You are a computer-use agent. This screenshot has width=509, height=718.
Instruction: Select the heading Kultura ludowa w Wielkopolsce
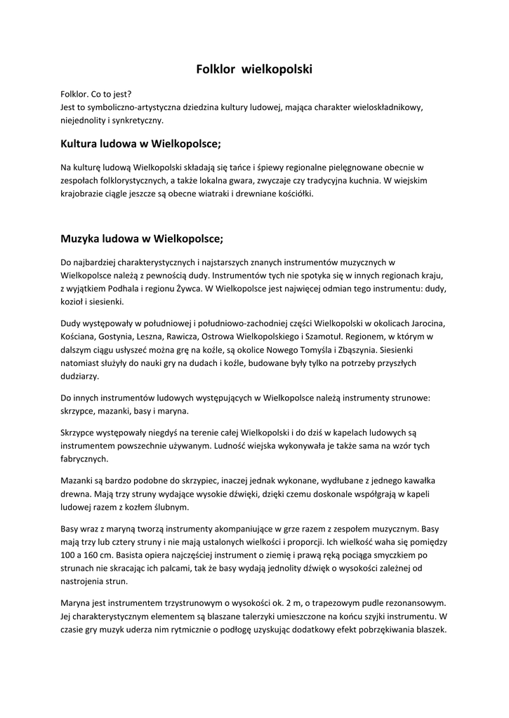(140, 144)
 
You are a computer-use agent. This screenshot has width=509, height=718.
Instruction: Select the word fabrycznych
(84, 459)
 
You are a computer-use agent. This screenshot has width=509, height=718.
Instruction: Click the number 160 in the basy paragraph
(101, 555)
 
